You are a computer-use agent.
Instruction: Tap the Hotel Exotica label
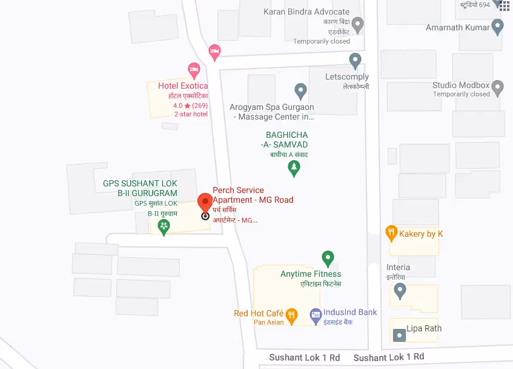click(182, 86)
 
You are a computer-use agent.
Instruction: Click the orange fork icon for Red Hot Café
click(292, 314)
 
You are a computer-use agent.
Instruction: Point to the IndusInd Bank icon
click(315, 314)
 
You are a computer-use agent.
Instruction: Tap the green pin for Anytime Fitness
click(328, 259)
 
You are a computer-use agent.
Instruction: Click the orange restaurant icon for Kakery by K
click(391, 232)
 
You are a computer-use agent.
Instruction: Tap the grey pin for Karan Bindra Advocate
click(358, 25)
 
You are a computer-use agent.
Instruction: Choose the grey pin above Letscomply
click(356, 60)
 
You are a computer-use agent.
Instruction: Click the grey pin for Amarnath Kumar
click(498, 27)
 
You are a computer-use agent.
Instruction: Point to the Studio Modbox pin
click(498, 88)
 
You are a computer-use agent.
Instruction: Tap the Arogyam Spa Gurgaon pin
click(300, 91)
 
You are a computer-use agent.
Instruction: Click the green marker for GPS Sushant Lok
click(164, 227)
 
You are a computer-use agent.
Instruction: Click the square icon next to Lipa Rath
click(399, 334)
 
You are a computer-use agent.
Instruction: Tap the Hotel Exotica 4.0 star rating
click(191, 106)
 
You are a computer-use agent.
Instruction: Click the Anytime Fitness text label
click(311, 274)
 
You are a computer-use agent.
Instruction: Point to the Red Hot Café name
click(259, 313)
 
